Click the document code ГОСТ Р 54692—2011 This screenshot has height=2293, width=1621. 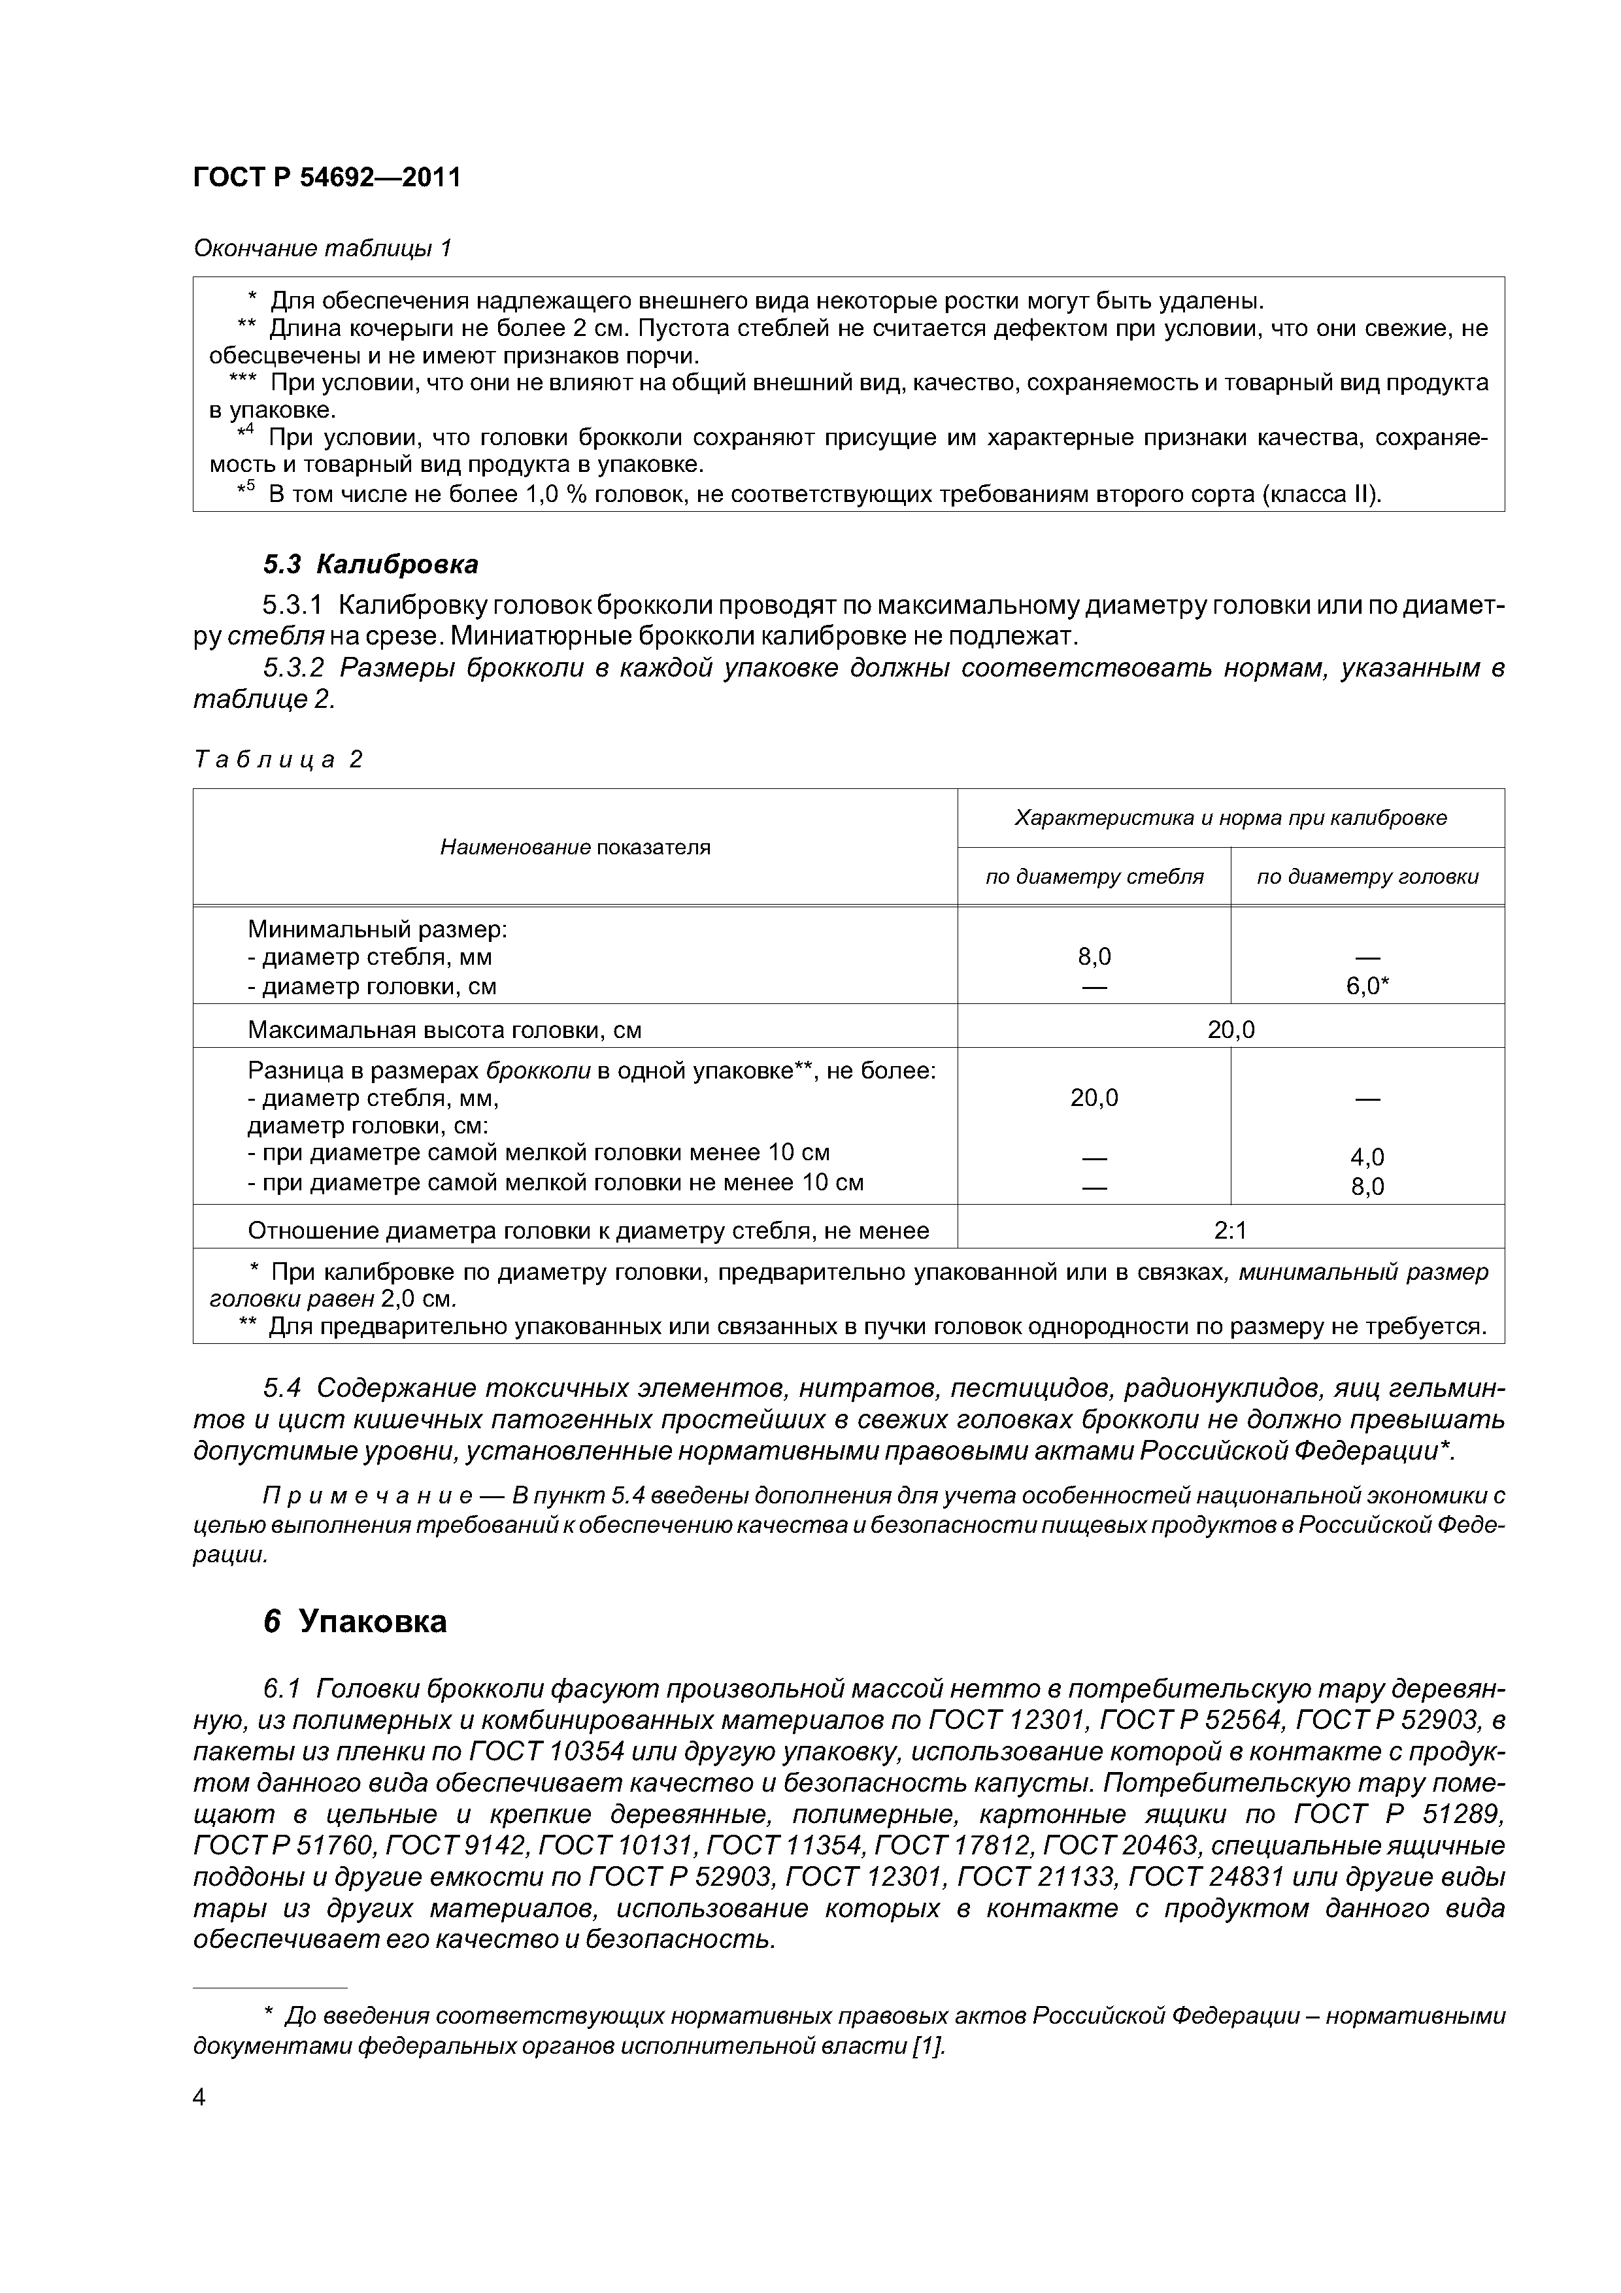point(327,178)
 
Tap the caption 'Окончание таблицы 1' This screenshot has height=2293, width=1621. point(323,248)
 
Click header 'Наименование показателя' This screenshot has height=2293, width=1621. point(575,848)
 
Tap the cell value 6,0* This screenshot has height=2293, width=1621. point(1367,987)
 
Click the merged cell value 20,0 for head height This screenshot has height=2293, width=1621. point(1231,1029)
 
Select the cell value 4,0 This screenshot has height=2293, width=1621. point(1367,1158)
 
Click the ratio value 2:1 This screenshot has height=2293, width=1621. point(1231,1231)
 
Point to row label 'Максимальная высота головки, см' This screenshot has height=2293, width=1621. point(444,1029)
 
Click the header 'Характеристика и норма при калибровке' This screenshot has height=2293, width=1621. point(1231,818)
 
